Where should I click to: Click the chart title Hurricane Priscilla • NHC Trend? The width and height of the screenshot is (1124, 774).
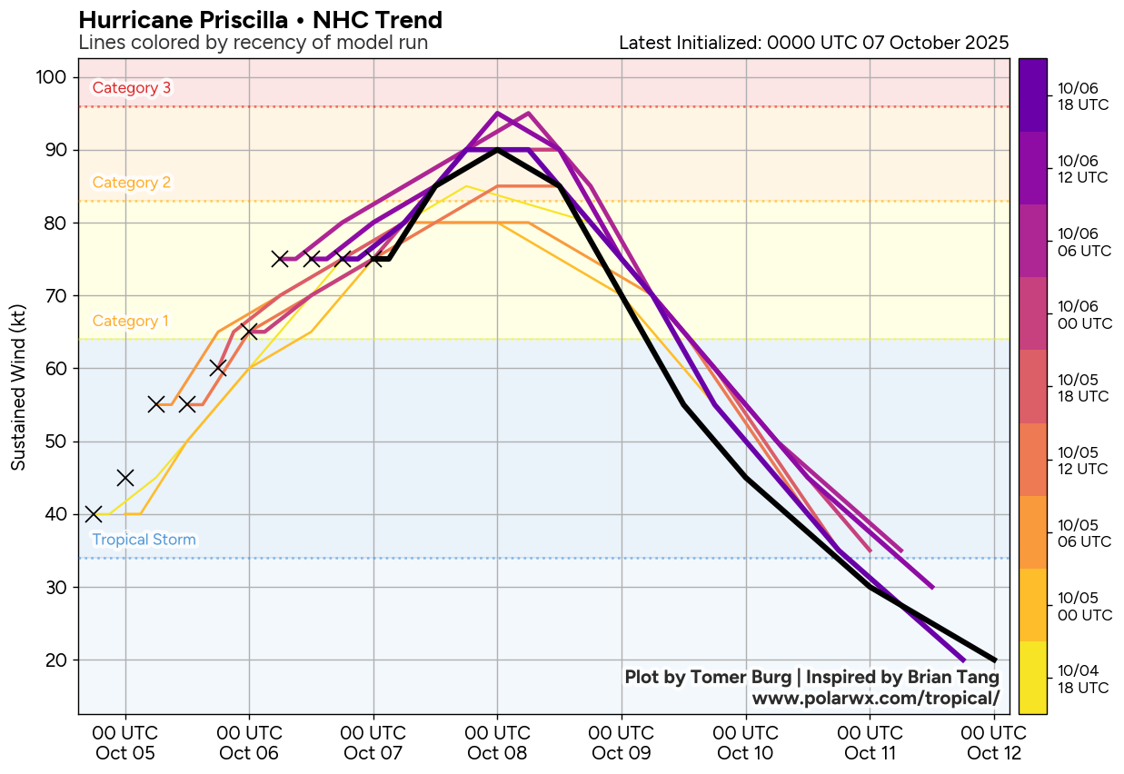coord(261,20)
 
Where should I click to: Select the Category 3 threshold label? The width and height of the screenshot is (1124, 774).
coord(132,88)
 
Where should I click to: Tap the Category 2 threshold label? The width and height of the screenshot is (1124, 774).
coord(132,183)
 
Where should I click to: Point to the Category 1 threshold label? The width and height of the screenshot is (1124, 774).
coord(131,322)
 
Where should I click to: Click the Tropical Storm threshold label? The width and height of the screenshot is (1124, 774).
coord(144,541)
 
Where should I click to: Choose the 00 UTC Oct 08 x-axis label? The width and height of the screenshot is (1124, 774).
coord(497,743)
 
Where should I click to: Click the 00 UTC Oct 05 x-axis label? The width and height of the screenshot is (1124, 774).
coord(125,743)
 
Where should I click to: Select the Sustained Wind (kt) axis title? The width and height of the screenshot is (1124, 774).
coord(18,386)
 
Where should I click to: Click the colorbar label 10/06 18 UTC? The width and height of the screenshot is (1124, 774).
coord(1078,95)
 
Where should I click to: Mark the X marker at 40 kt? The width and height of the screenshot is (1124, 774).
coord(94,514)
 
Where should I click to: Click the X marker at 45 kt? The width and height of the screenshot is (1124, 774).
coord(125,478)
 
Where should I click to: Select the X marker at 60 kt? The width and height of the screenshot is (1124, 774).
coord(218,368)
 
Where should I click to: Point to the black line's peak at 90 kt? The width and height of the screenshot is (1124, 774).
coord(497,150)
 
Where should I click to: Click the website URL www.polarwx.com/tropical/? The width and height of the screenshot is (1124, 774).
coord(876,698)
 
